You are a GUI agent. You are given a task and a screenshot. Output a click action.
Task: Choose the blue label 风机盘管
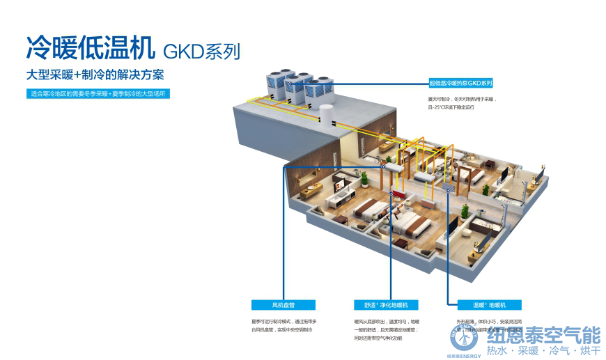[283, 305]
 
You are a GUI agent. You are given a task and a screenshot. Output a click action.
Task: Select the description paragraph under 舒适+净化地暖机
[382, 329]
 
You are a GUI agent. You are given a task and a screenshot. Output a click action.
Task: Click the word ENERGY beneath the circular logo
[470, 356]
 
